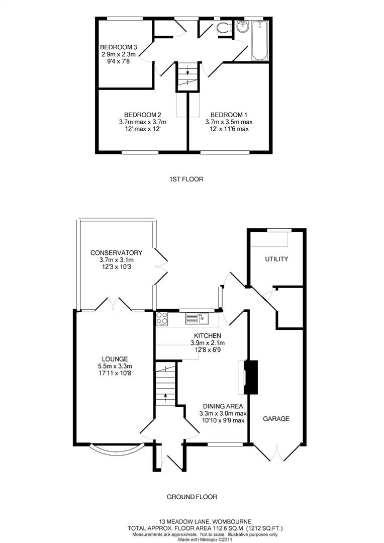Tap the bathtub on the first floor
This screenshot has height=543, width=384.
259,40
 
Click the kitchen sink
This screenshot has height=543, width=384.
197,318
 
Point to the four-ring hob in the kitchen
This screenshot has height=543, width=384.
162,318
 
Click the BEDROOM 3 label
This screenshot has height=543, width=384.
119,47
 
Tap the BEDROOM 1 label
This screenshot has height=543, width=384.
229,114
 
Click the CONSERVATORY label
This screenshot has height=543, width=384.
116,253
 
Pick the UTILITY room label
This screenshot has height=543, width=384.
276,259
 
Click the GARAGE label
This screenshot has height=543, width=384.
276,418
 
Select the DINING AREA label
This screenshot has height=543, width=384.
223,406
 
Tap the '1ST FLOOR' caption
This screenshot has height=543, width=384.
186,179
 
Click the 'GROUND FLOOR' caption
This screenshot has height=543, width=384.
192,497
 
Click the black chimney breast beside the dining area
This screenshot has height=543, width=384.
250,377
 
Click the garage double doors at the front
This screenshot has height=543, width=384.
276,452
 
